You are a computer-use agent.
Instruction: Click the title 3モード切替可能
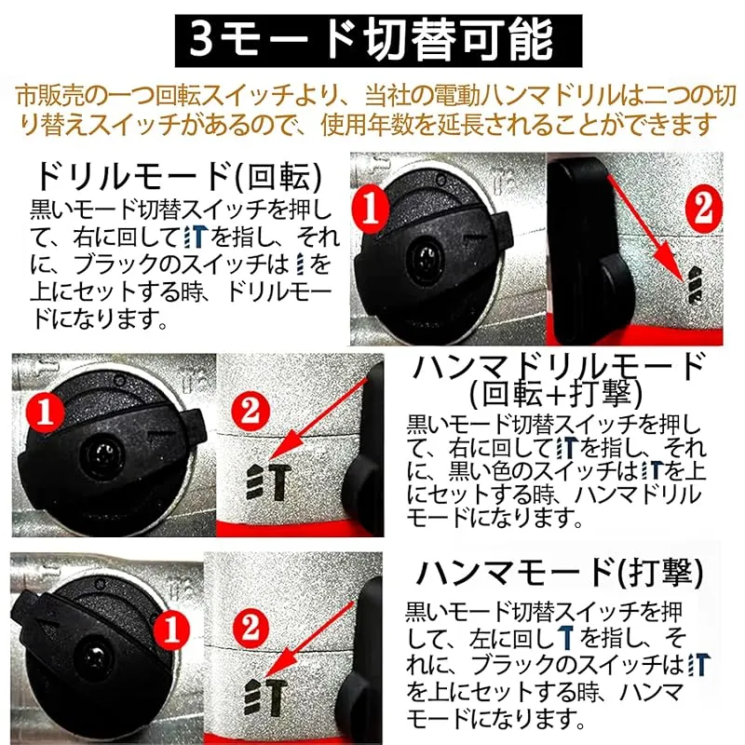(x=378, y=40)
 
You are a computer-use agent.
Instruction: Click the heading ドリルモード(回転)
(x=180, y=177)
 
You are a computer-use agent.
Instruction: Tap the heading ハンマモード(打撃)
(x=560, y=572)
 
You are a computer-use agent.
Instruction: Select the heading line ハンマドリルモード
(x=558, y=366)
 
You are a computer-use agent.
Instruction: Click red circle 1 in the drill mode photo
(x=371, y=208)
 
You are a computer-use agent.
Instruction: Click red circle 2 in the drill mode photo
(x=703, y=208)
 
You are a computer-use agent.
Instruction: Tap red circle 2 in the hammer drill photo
(x=251, y=411)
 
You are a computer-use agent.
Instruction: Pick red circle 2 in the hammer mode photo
(x=251, y=628)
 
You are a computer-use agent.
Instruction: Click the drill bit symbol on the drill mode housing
(x=695, y=284)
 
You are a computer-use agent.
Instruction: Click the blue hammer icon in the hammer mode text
(x=565, y=638)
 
